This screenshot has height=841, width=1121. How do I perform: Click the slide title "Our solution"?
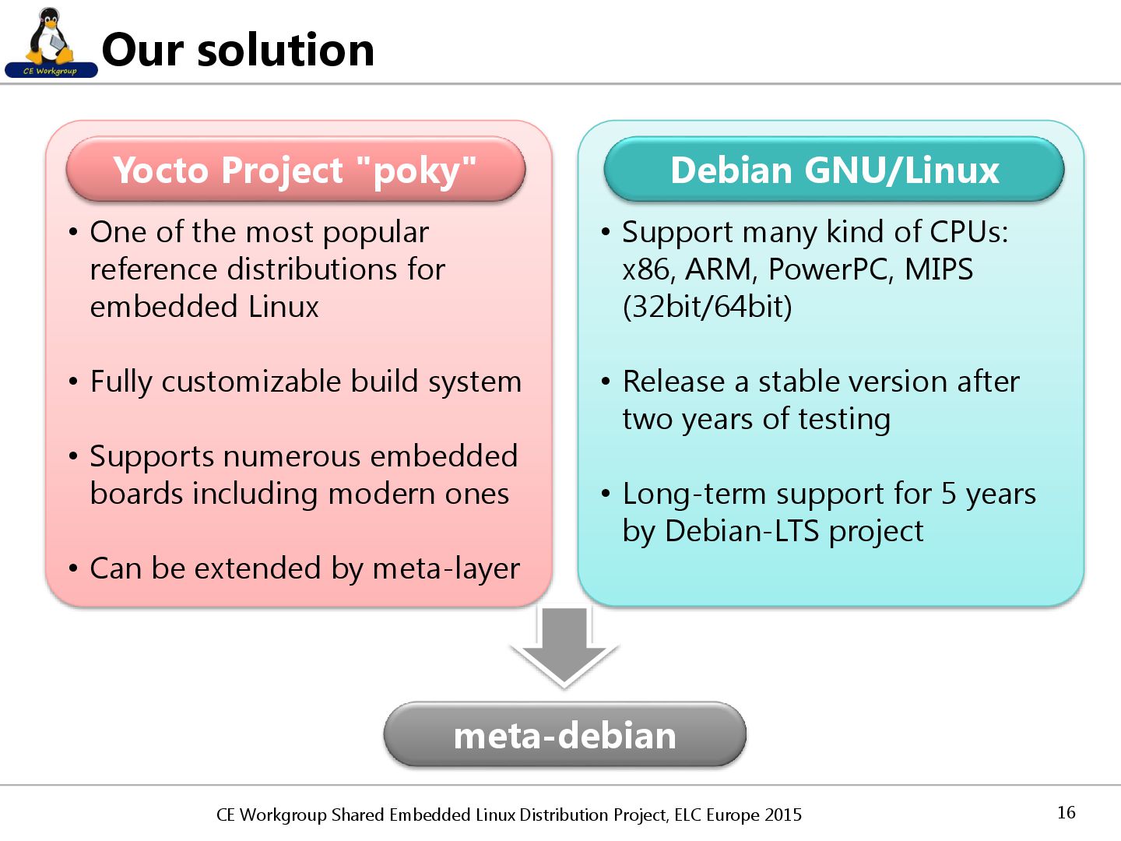238,50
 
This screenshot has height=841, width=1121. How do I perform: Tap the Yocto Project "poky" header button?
295,170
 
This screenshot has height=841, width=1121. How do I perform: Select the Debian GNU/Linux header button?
834,170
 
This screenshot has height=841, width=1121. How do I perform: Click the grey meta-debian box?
564,735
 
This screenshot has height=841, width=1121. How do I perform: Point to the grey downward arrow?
564,646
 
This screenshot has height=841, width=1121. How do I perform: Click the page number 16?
1066,812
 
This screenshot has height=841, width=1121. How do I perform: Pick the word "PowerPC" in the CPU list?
828,269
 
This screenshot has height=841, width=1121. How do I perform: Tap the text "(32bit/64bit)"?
707,307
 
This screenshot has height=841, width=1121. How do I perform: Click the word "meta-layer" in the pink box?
446,568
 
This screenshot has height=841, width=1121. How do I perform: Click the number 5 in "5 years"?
948,494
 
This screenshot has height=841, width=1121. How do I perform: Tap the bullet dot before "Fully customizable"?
73,382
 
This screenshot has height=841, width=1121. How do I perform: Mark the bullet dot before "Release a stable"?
606,382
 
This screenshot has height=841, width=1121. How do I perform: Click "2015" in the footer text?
782,815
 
